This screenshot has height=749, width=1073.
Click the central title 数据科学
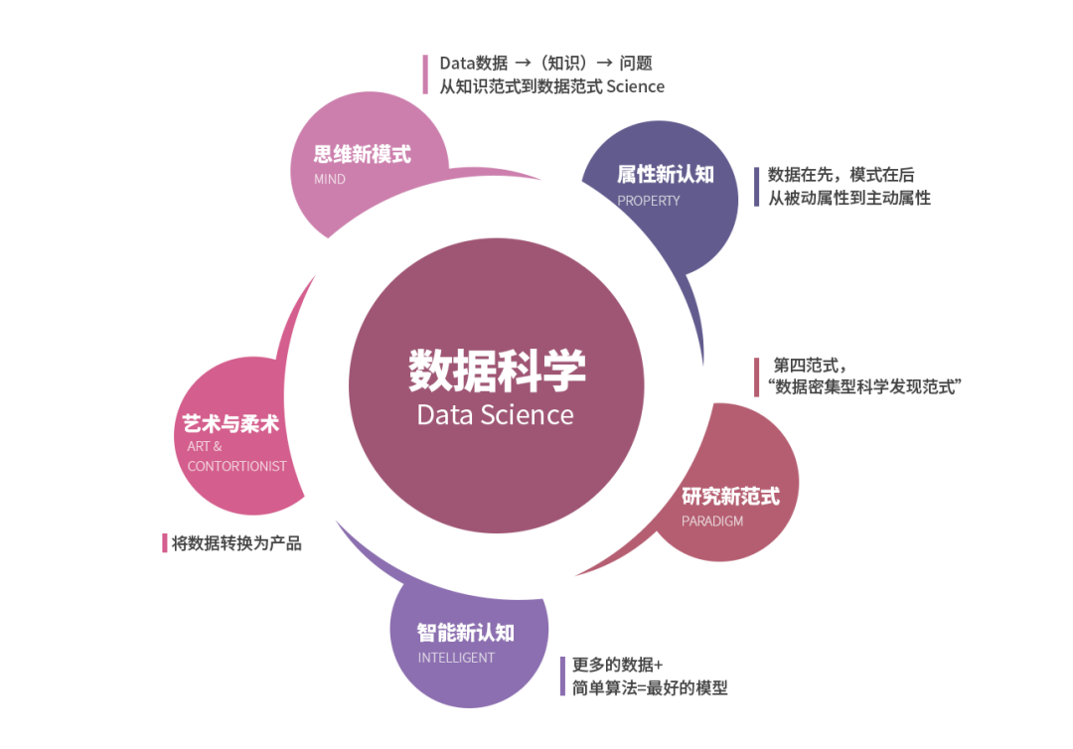tap(497, 371)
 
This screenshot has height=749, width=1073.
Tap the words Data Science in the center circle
tap(495, 414)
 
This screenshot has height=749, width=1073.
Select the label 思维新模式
tap(362, 155)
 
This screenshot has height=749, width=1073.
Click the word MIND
tap(330, 180)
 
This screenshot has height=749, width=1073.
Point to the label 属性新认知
tap(665, 175)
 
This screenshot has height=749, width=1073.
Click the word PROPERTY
tap(649, 201)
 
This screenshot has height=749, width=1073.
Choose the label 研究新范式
tap(730, 496)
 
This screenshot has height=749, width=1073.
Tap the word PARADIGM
tap(711, 522)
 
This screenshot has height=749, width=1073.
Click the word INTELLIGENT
tap(456, 658)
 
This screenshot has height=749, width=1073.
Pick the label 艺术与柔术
tap(230, 424)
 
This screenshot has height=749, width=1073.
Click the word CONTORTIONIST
tap(236, 467)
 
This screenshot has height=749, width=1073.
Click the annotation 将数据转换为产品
tap(235, 543)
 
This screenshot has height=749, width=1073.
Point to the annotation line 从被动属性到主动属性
tap(848, 198)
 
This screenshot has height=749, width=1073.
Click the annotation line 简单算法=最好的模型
tap(650, 687)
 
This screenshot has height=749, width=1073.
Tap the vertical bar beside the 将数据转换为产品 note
tap(165, 543)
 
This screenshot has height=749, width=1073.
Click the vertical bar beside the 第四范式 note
tap(757, 376)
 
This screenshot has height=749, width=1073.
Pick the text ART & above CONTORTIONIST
tap(205, 447)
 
